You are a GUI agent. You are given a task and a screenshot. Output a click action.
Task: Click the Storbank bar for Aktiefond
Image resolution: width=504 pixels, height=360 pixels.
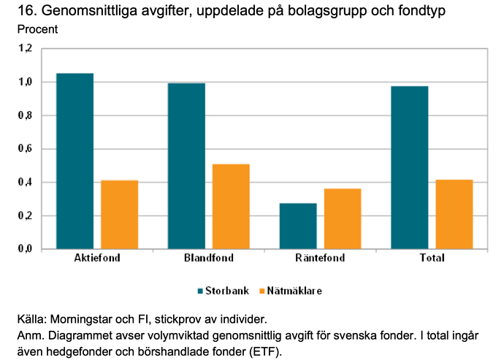[x=75, y=161]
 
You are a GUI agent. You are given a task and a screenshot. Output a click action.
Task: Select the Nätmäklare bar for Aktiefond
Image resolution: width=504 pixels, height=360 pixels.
[x=120, y=215]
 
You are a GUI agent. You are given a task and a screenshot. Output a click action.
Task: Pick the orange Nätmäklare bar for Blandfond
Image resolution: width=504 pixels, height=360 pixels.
[x=231, y=207]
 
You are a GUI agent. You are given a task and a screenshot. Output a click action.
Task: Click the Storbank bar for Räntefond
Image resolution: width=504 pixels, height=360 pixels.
[x=298, y=226]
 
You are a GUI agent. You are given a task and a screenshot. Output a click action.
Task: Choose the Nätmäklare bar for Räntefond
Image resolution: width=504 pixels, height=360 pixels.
[x=343, y=219]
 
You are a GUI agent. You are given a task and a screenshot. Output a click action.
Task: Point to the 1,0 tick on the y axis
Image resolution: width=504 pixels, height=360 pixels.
[x=26, y=82]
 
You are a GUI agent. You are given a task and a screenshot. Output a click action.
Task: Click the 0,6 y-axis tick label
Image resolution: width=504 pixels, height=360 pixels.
[x=26, y=149]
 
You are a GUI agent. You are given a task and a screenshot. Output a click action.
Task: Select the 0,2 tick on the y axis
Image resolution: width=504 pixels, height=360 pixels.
[x=26, y=216]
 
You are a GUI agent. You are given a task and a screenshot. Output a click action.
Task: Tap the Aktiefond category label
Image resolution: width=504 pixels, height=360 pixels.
[x=97, y=258]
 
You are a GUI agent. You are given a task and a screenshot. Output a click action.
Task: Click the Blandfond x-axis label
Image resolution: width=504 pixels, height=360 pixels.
[x=209, y=258]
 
